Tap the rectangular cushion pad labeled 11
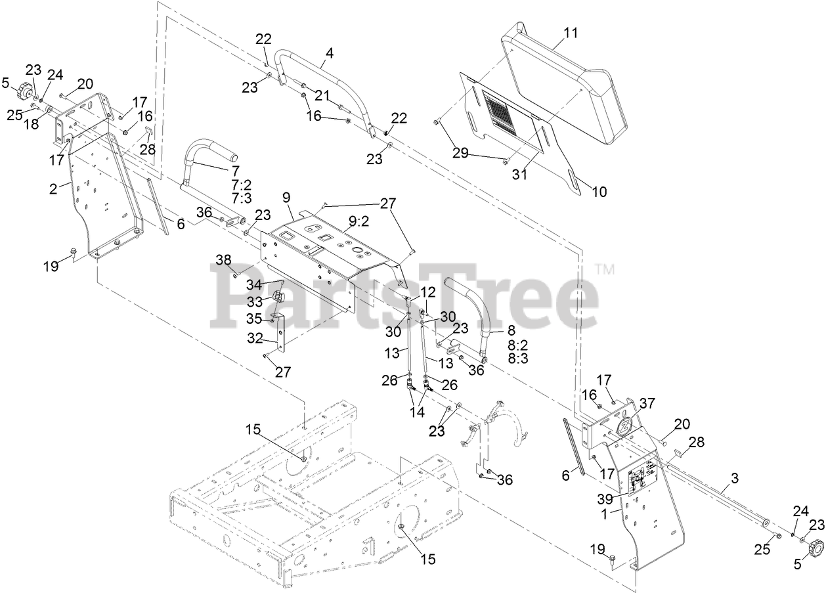(565, 92)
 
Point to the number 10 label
(599, 192)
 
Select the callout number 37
(648, 403)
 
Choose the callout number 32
(253, 339)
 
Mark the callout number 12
(427, 290)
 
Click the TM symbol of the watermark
(603, 269)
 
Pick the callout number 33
(255, 301)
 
